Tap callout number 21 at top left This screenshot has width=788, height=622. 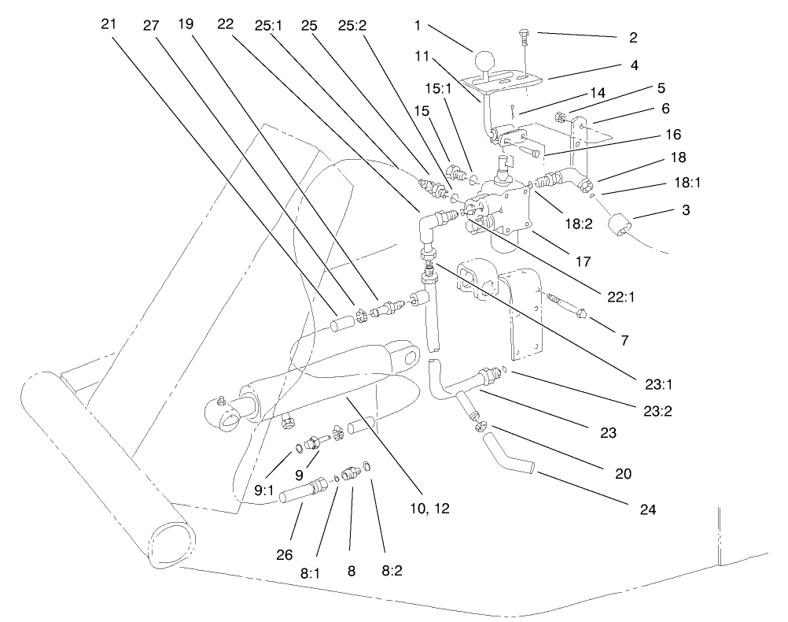(x=110, y=24)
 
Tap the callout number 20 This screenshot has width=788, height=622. (x=621, y=475)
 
